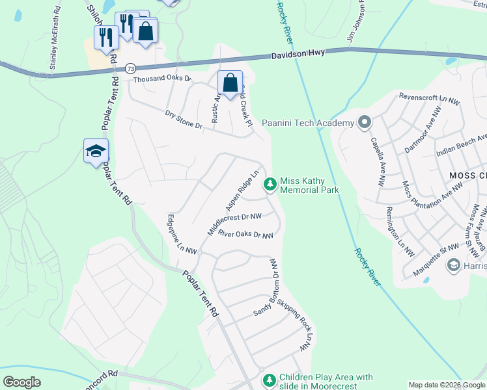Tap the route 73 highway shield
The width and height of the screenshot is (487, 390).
pyautogui.click(x=131, y=68)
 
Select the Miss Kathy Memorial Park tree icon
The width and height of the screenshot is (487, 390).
pyautogui.click(x=270, y=185)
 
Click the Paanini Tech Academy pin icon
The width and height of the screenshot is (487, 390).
pyautogui.click(x=364, y=122)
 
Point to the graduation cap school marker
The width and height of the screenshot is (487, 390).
pyautogui.click(x=96, y=151)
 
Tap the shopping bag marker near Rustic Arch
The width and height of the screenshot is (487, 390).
pyautogui.click(x=230, y=83)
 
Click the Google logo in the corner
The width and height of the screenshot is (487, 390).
pyautogui.click(x=21, y=382)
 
